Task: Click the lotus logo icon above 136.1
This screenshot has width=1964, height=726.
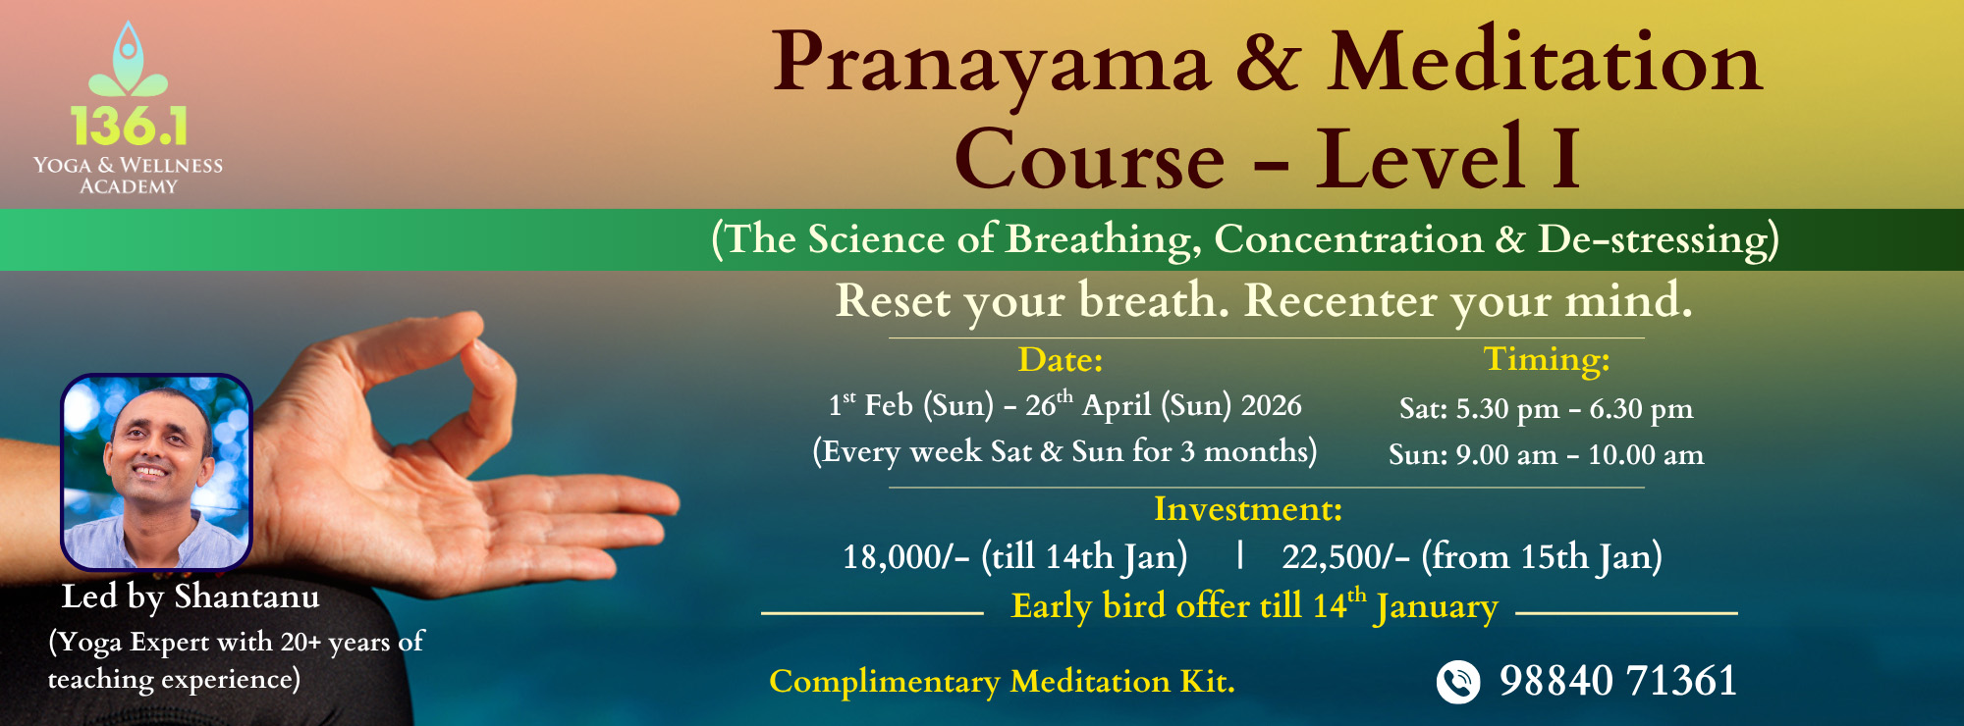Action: click(128, 64)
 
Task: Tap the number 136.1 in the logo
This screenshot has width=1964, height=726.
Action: click(129, 127)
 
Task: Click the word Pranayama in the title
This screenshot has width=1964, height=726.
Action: click(991, 64)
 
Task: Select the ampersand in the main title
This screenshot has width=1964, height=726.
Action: click(1268, 64)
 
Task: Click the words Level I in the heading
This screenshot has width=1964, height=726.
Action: click(1448, 158)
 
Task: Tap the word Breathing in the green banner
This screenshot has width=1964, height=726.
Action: click(1101, 239)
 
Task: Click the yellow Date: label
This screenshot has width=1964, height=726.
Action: click(1061, 360)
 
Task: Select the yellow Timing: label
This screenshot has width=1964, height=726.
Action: click(1546, 360)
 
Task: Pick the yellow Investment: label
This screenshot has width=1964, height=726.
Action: click(1247, 509)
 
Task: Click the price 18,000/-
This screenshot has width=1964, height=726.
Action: click(905, 557)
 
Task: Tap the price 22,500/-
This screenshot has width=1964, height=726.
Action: click(1345, 557)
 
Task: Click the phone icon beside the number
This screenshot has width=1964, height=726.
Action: click(1458, 682)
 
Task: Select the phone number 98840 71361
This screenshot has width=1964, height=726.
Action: click(1617, 681)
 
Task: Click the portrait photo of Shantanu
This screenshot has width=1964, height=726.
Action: click(156, 472)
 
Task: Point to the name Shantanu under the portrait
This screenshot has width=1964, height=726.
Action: click(246, 596)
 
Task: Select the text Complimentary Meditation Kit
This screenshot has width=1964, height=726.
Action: click(1002, 682)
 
